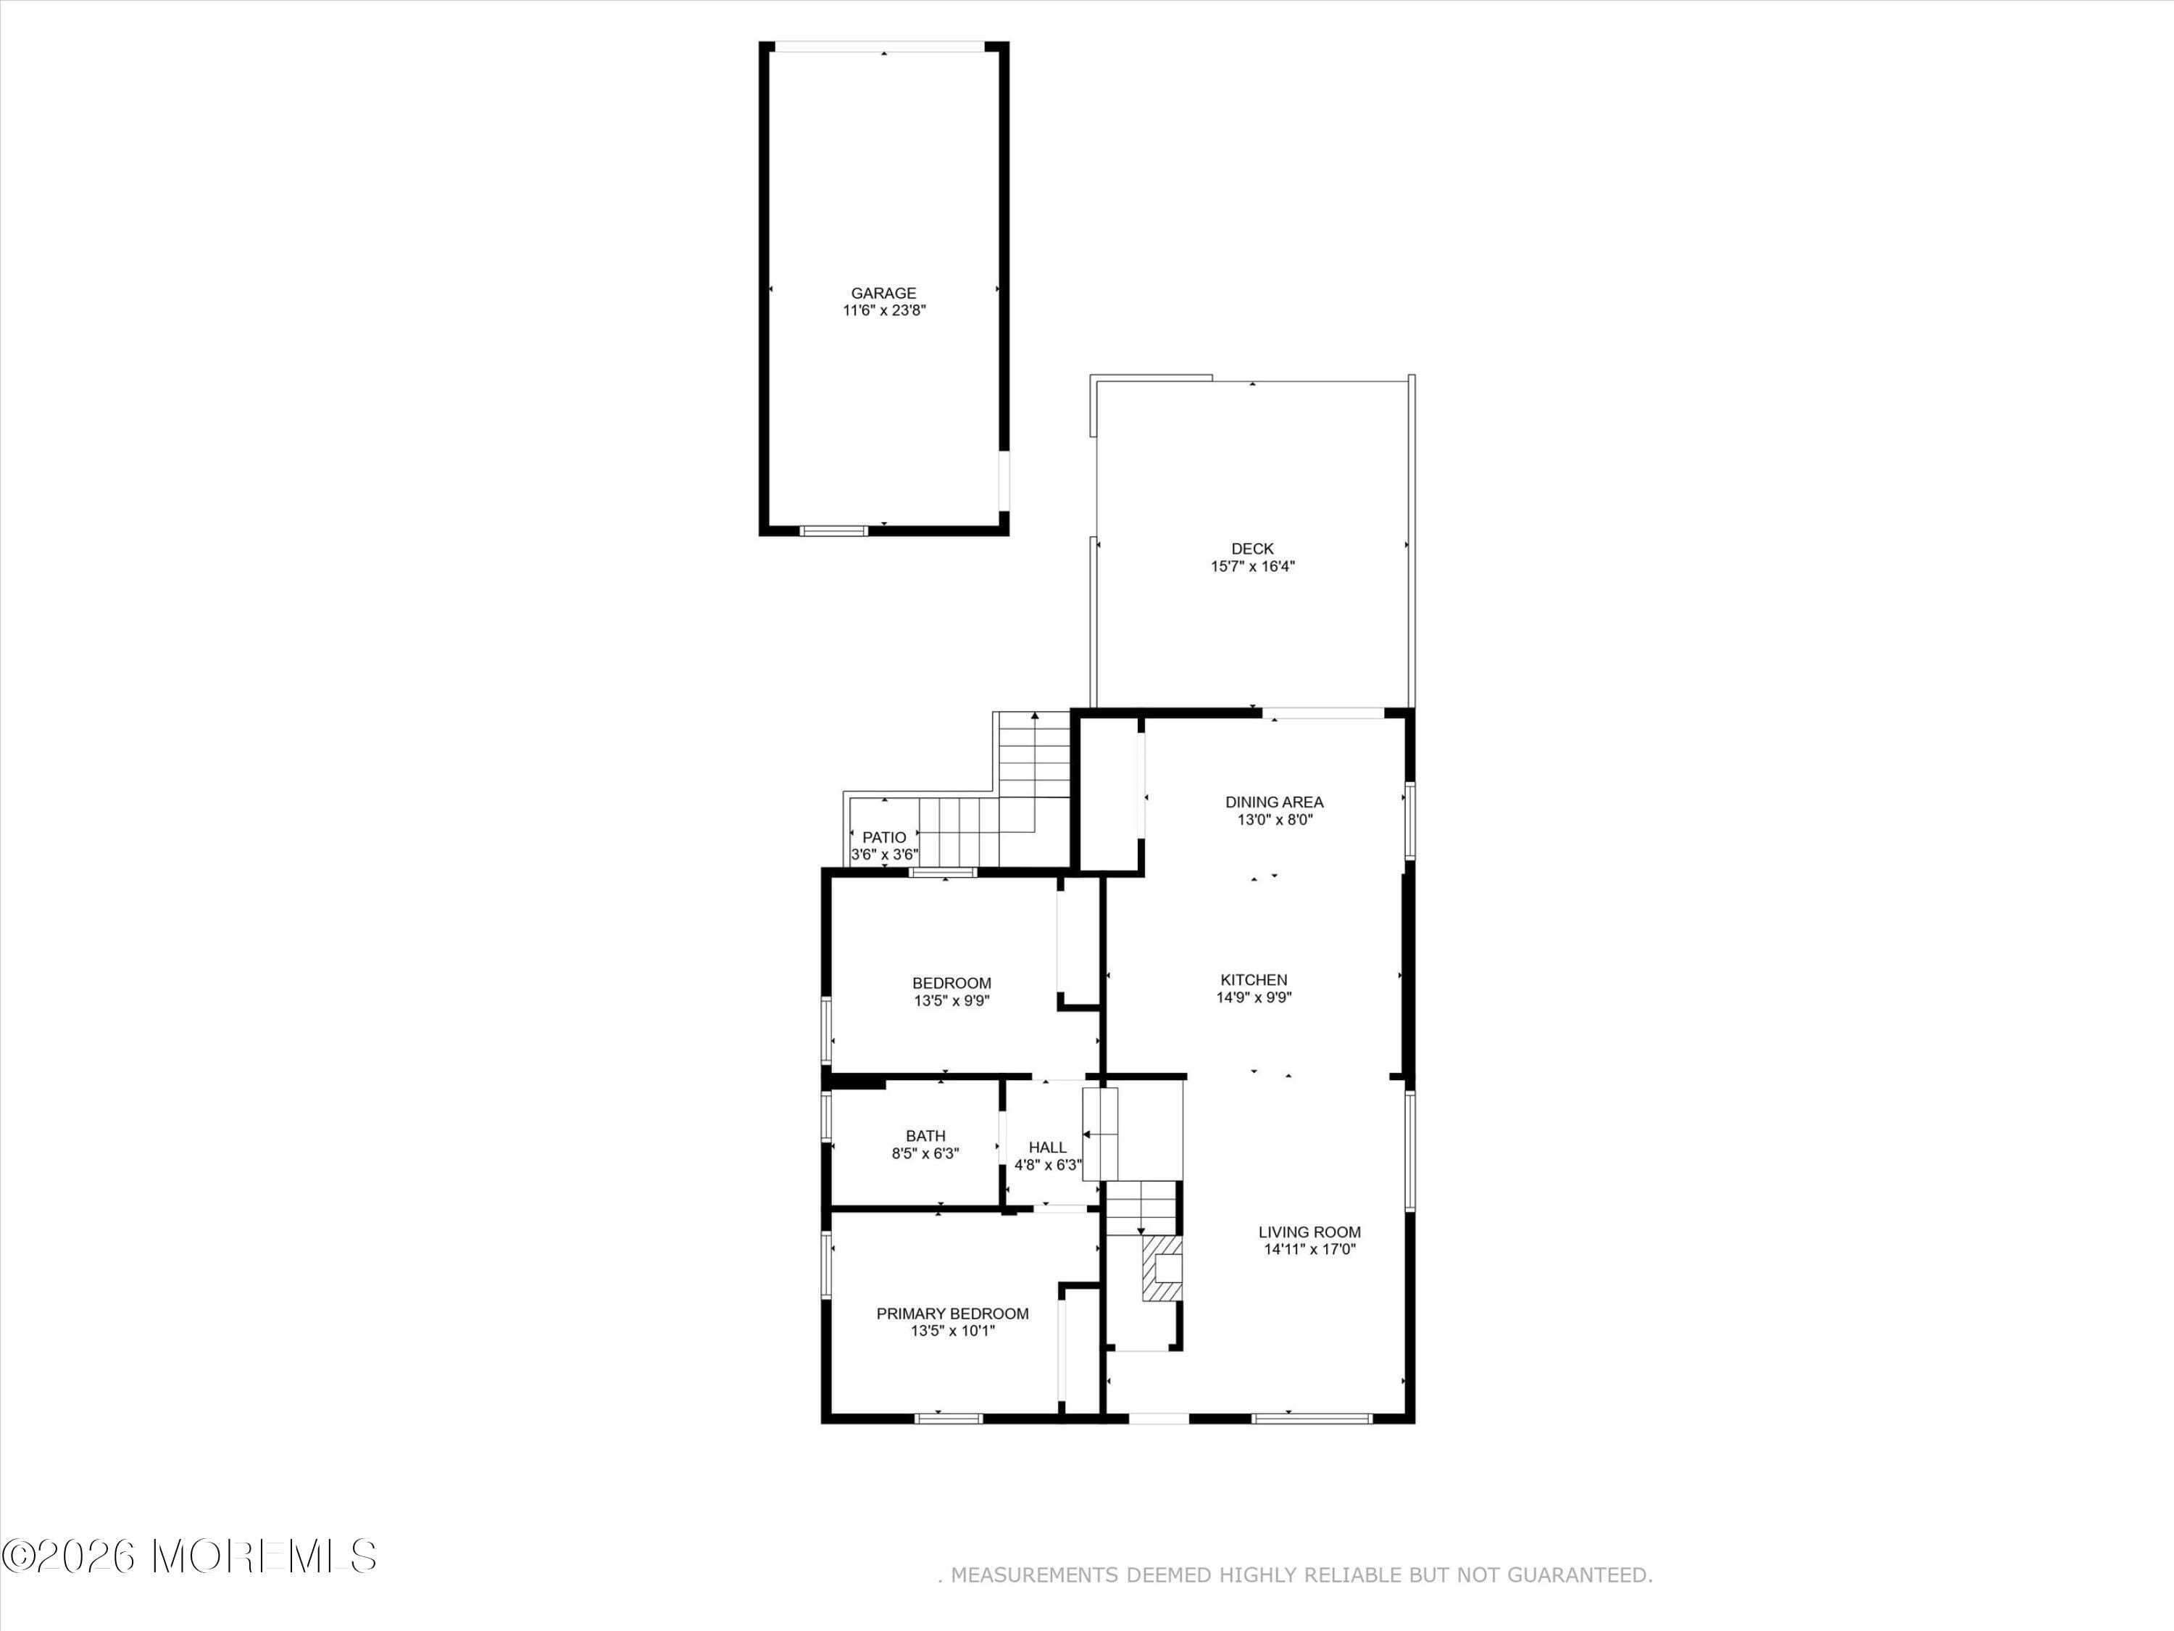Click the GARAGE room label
pos(883,293)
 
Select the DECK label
pos(1252,549)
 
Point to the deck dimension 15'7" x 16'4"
pos(1252,566)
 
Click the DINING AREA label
pos(1274,802)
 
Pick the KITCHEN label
pos(1253,980)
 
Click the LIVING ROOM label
pos(1309,1232)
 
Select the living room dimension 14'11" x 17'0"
pos(1309,1250)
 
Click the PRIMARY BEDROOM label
pos(952,1313)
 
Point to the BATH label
pos(925,1135)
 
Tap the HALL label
pos(1046,1147)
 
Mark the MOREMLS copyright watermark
pos(188,1556)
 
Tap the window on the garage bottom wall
pos(833,531)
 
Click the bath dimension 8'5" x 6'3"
pos(925,1153)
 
